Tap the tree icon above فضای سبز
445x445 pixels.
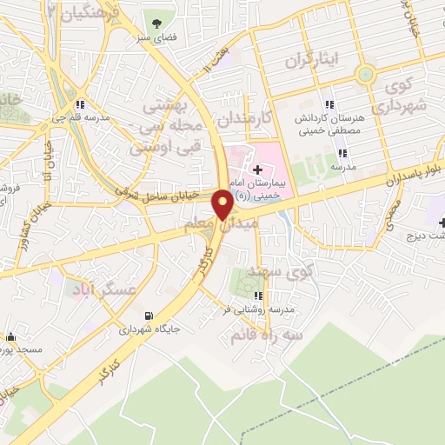pos(157,23)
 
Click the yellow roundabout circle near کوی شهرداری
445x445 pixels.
pos(365,75)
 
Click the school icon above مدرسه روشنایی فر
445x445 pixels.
pos(257,296)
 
